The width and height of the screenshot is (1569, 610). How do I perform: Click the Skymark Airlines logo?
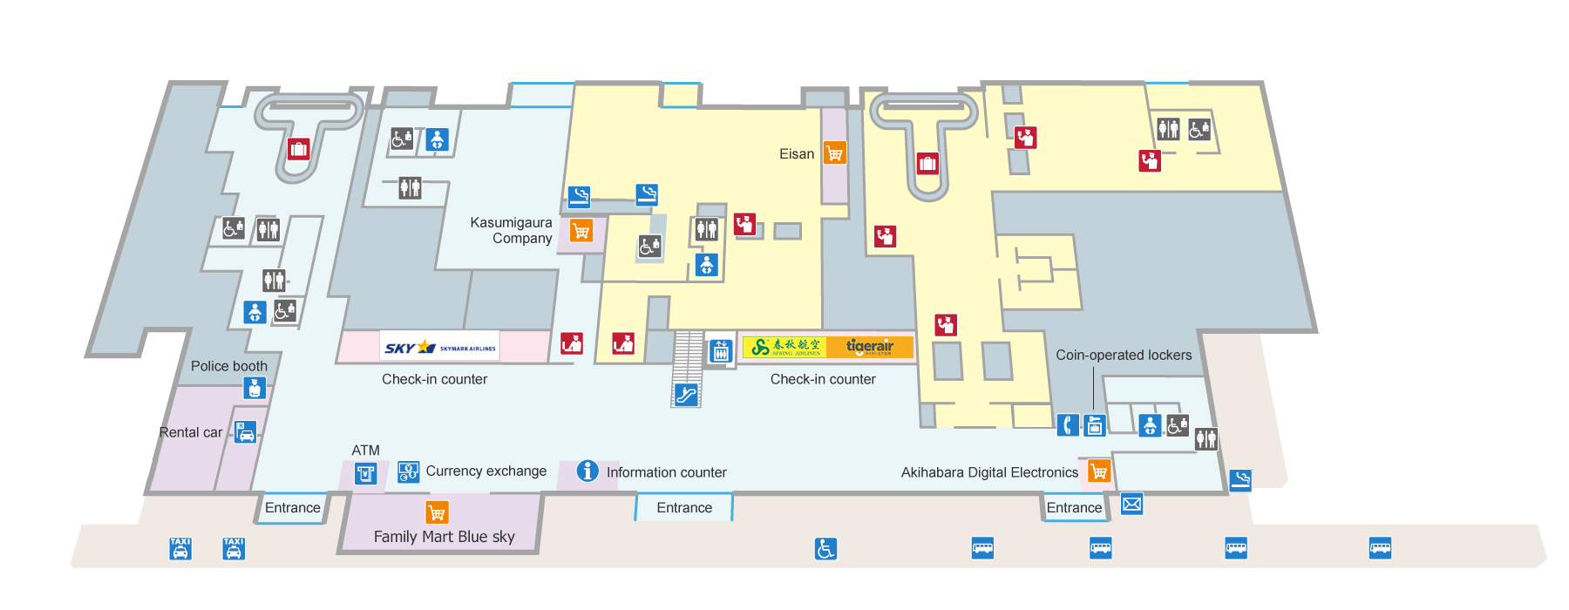click(439, 347)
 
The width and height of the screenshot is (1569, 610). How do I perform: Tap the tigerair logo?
click(869, 347)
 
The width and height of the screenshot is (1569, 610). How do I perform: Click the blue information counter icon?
click(588, 471)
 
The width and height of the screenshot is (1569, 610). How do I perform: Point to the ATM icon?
click(365, 473)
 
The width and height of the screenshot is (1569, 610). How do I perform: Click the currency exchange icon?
click(408, 471)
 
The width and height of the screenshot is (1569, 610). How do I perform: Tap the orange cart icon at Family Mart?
click(437, 512)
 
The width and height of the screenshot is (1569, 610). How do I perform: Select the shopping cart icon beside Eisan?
click(834, 153)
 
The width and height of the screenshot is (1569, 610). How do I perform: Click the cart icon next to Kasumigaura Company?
click(581, 231)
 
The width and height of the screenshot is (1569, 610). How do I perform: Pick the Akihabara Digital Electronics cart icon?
click(1098, 471)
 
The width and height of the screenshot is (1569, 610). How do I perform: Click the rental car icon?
click(246, 431)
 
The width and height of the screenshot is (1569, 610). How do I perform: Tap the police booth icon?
click(255, 388)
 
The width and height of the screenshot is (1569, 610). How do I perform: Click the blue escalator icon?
click(686, 395)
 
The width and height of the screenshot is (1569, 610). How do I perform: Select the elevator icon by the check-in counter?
click(720, 350)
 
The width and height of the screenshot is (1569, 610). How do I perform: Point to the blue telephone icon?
click(1068, 424)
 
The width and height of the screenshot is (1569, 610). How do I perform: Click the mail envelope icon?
click(1131, 504)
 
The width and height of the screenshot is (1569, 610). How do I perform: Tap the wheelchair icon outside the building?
click(825, 548)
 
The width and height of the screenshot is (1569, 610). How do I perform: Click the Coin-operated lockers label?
click(1124, 355)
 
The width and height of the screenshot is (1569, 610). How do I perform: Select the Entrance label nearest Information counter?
click(684, 507)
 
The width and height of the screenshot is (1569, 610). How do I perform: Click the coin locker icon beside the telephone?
click(1095, 424)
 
